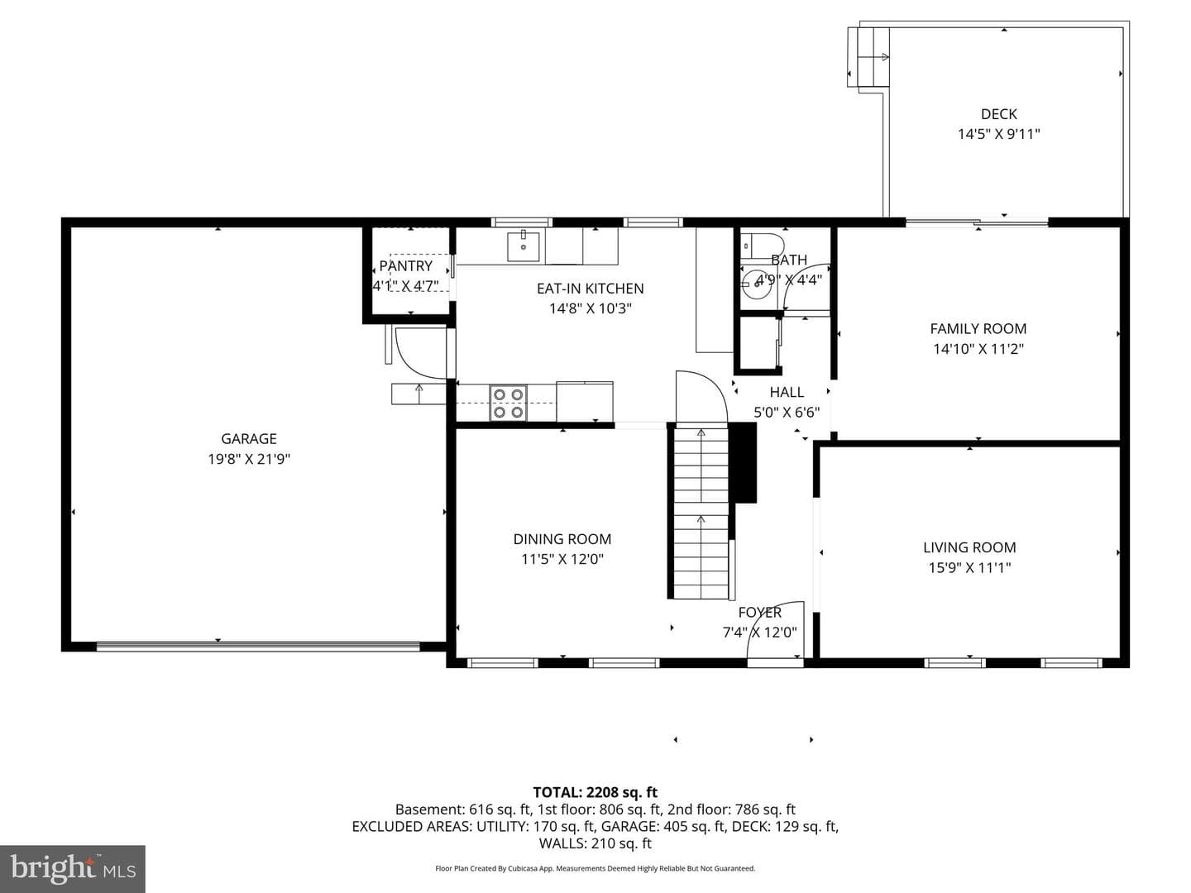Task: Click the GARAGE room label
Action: pyautogui.click(x=248, y=438)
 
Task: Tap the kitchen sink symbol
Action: pyautogui.click(x=524, y=246)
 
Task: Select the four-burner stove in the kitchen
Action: pyautogui.click(x=509, y=403)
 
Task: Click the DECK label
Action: pyautogui.click(x=998, y=114)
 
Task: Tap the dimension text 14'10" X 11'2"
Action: pyautogui.click(x=978, y=349)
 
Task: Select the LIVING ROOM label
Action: pyautogui.click(x=969, y=547)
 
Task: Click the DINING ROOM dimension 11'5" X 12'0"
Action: pyautogui.click(x=562, y=558)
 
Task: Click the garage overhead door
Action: pyautogui.click(x=258, y=646)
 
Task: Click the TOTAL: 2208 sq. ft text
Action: pyautogui.click(x=595, y=793)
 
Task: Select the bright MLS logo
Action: pyautogui.click(x=73, y=868)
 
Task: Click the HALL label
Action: pyautogui.click(x=787, y=392)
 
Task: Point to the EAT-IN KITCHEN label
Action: pyautogui.click(x=590, y=289)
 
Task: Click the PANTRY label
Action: pyautogui.click(x=405, y=266)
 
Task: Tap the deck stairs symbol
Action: pyautogui.click(x=868, y=56)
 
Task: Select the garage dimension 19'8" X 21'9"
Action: pyautogui.click(x=248, y=459)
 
